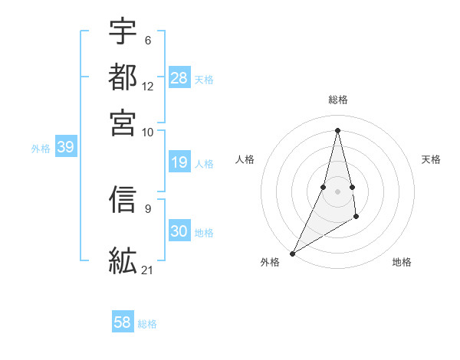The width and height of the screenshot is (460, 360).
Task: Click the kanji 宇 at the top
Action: (x=123, y=31)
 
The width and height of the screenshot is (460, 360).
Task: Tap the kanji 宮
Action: (x=123, y=123)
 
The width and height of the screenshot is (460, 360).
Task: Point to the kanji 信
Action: (x=123, y=200)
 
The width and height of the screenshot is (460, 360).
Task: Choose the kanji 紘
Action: (x=123, y=260)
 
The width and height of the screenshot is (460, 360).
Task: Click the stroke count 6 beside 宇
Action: (x=147, y=41)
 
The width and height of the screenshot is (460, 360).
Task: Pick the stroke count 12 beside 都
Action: (x=148, y=87)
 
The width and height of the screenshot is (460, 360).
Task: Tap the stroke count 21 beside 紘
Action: (x=148, y=270)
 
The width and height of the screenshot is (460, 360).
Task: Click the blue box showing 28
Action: (x=179, y=77)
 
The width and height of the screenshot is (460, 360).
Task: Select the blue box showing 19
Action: (x=179, y=162)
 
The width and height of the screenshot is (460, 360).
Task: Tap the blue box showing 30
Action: (x=179, y=231)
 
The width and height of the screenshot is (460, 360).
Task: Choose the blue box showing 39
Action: (x=65, y=147)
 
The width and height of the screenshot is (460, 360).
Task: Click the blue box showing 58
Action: (x=123, y=322)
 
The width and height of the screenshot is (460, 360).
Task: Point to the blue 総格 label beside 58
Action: (x=147, y=324)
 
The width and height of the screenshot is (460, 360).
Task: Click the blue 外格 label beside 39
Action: (x=41, y=149)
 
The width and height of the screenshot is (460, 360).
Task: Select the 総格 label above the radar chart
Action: (x=337, y=100)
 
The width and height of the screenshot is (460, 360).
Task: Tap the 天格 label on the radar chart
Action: (x=431, y=159)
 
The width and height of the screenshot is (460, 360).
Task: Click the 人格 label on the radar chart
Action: (x=245, y=159)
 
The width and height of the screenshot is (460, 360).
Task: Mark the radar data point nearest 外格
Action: (x=292, y=254)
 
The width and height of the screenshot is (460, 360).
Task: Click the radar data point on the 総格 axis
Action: (x=337, y=129)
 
